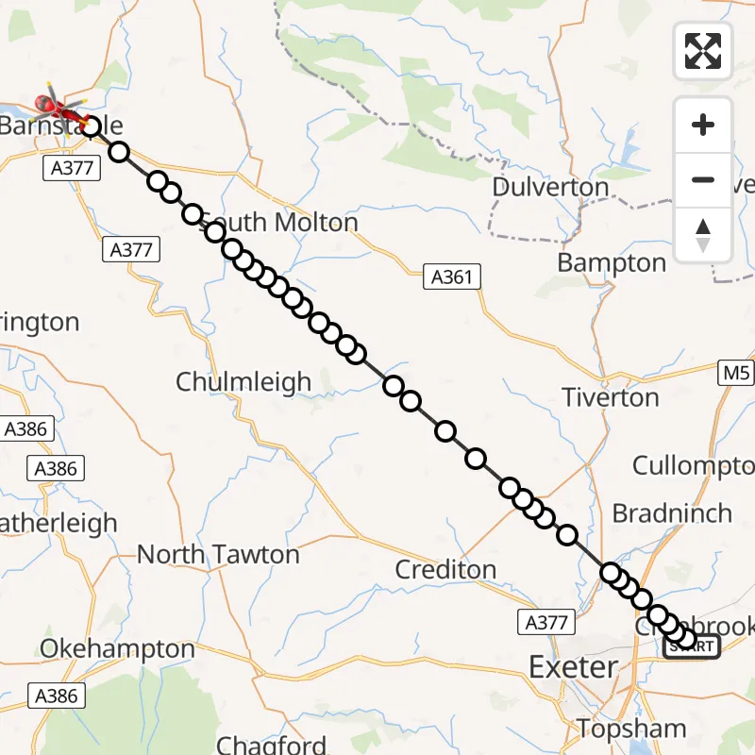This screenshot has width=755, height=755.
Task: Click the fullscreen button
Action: pyautogui.click(x=703, y=51)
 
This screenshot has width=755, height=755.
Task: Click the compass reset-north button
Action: pyautogui.click(x=703, y=235)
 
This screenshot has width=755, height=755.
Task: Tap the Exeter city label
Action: pyautogui.click(x=573, y=667)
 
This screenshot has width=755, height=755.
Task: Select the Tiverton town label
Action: pyautogui.click(x=611, y=397)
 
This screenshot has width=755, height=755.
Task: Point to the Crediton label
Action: pyautogui.click(x=445, y=569)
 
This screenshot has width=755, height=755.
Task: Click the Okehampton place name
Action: pyautogui.click(x=117, y=649)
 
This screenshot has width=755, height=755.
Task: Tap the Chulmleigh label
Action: pyautogui.click(x=243, y=382)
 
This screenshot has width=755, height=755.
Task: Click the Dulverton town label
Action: pyautogui.click(x=550, y=187)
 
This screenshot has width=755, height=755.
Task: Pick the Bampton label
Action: pyautogui.click(x=612, y=262)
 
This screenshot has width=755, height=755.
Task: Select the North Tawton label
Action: pyautogui.click(x=218, y=554)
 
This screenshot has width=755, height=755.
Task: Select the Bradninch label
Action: pyautogui.click(x=672, y=513)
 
